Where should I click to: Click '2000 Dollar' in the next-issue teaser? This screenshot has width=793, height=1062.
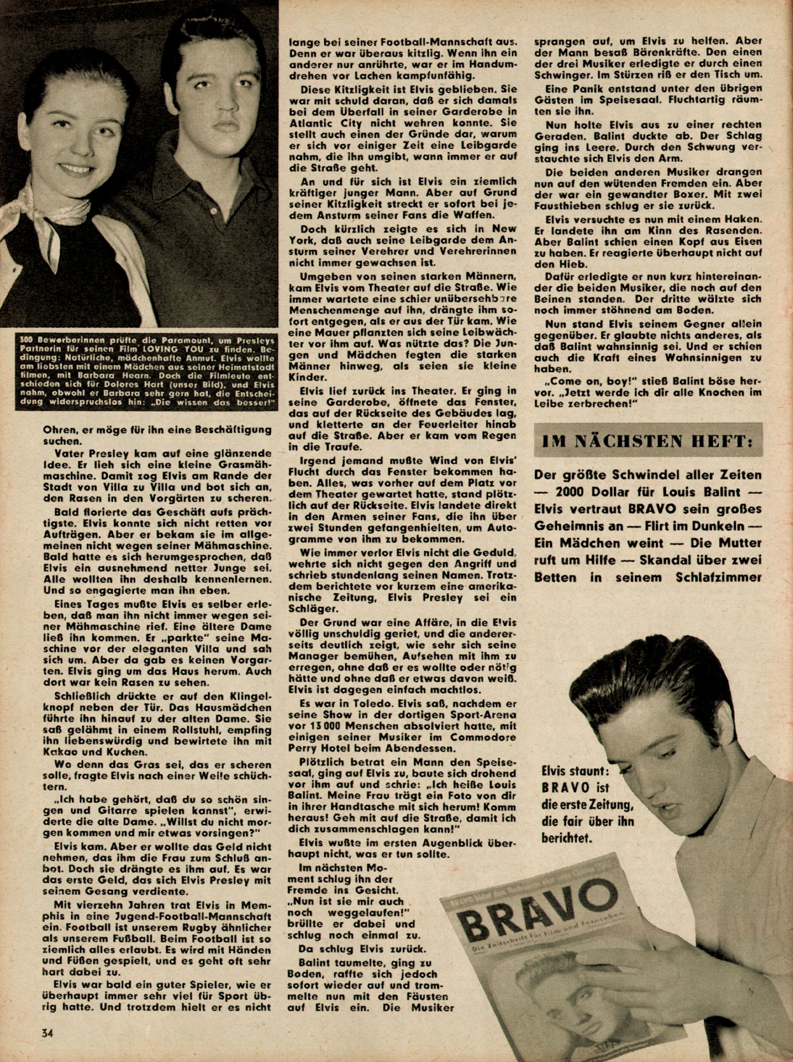pos(600,492)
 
